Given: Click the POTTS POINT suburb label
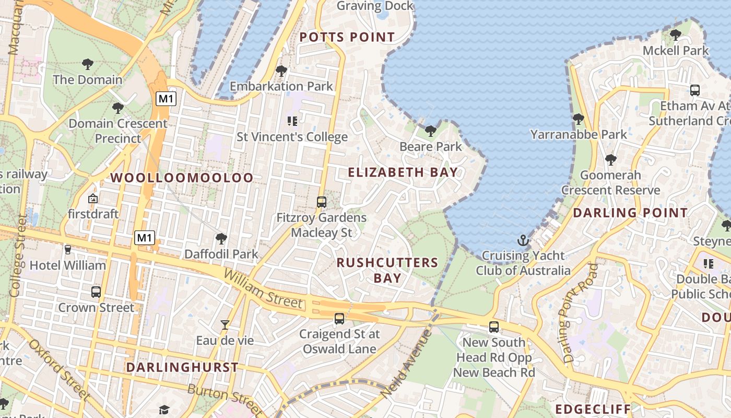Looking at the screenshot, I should click(x=347, y=37).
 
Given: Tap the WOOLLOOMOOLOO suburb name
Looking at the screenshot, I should click(x=182, y=178).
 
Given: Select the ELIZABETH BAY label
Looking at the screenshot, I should click(x=403, y=172).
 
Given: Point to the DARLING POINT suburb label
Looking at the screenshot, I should click(x=630, y=213).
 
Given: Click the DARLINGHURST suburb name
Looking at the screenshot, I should click(x=182, y=367).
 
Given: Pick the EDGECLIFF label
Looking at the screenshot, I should click(x=593, y=409).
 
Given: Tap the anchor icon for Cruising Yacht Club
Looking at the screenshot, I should click(x=523, y=240).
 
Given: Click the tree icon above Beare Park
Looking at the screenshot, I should click(x=431, y=131).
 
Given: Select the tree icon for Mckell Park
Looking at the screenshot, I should click(x=675, y=35).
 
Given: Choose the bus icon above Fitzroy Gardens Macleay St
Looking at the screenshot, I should click(x=322, y=202).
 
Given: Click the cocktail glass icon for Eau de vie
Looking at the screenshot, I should click(x=225, y=325).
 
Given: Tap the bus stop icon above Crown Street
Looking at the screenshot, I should click(x=96, y=292).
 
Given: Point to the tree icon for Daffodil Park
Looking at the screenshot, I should click(x=221, y=239).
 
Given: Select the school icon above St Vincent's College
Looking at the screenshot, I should click(x=292, y=121).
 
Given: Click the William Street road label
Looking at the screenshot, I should click(x=263, y=288).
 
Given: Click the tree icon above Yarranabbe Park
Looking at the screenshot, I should click(x=578, y=119).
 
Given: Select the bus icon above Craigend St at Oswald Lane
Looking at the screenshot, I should click(x=339, y=318).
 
